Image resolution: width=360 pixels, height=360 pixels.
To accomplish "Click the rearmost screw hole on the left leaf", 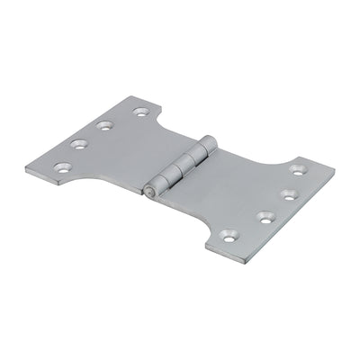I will coord(139,113).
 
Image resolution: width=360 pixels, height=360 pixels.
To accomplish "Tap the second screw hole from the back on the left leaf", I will coord(105,127).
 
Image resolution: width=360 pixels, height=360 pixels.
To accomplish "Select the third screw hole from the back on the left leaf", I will coord(76,143).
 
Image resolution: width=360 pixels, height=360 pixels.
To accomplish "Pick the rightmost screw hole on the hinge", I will coord(297,169).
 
